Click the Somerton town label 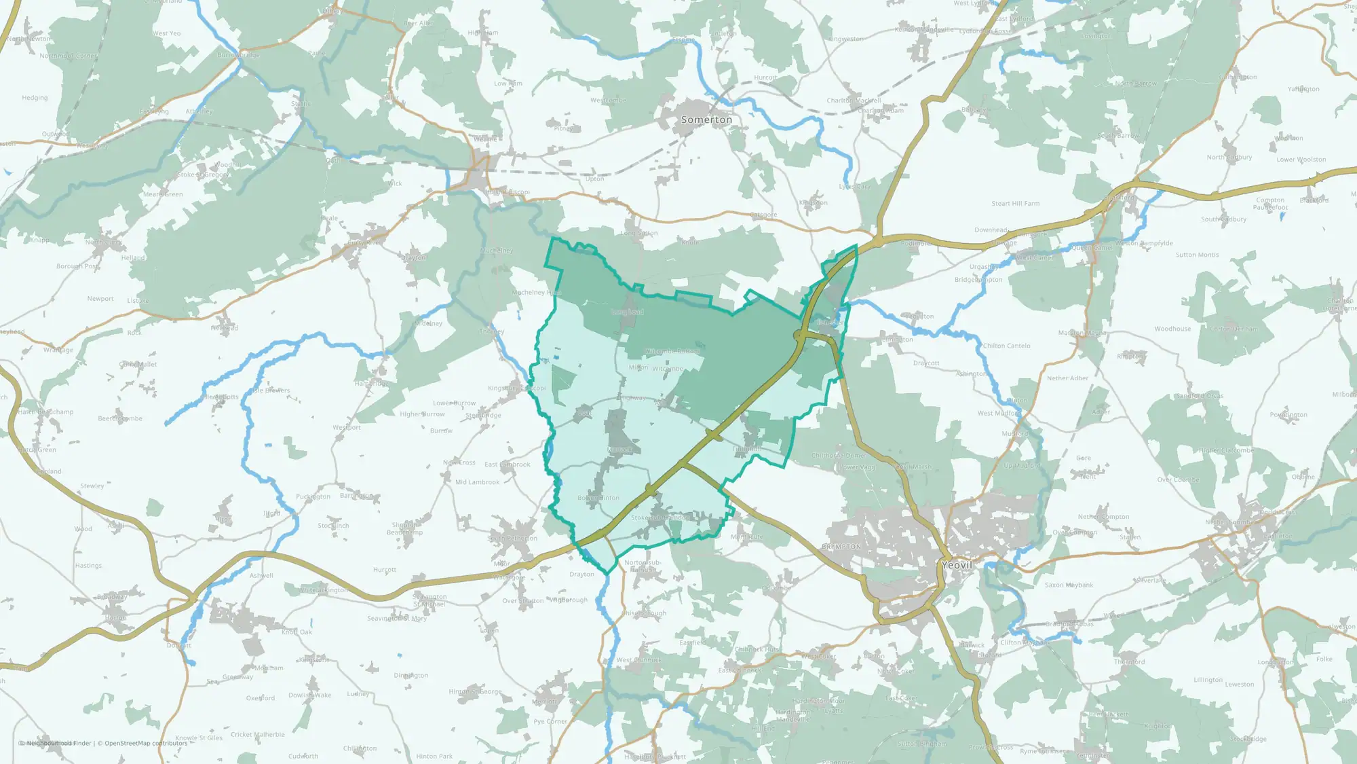coord(706,120)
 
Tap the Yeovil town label coord(957,565)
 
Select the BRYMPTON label coord(841,547)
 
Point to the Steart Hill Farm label coord(1015,204)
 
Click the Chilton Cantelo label coord(1006,346)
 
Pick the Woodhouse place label coord(1172,329)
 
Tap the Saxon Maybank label coord(1069,585)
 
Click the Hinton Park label coord(434,756)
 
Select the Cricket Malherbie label coord(258,734)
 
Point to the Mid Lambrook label coord(477,482)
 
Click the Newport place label coord(100,299)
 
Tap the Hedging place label coord(35,98)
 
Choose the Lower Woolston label coord(1301,160)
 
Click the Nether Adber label coord(1067,378)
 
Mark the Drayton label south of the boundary coord(581,574)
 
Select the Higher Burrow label coord(422,414)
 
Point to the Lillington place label coord(1208,680)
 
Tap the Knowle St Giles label coord(199,738)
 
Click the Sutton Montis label coord(1197,255)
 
